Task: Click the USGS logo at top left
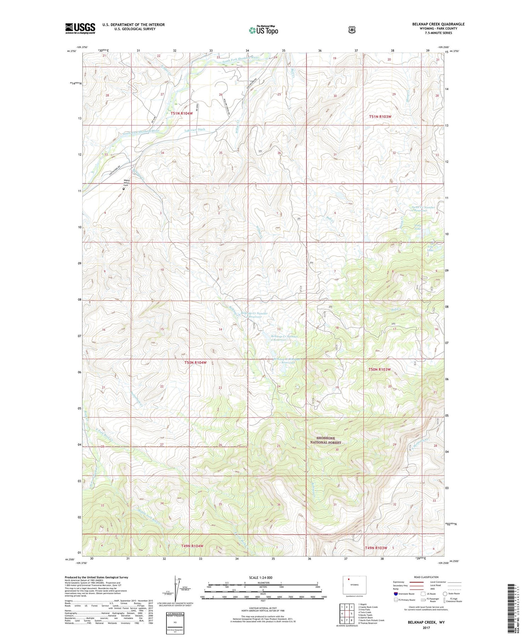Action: [x=80, y=28]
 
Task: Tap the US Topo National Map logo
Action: [x=263, y=30]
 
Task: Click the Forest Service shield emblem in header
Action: [x=352, y=30]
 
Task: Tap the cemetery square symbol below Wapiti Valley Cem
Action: [x=124, y=189]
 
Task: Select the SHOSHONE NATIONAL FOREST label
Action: [x=326, y=440]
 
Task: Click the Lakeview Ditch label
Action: [x=195, y=130]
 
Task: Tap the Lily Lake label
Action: [x=430, y=248]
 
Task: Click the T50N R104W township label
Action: [x=195, y=362]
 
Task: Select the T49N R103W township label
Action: [x=376, y=548]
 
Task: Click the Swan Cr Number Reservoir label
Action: [x=423, y=209]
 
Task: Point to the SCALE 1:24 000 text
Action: [x=261, y=577]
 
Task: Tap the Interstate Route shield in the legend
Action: [x=395, y=594]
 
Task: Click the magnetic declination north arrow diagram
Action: [x=176, y=589]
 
